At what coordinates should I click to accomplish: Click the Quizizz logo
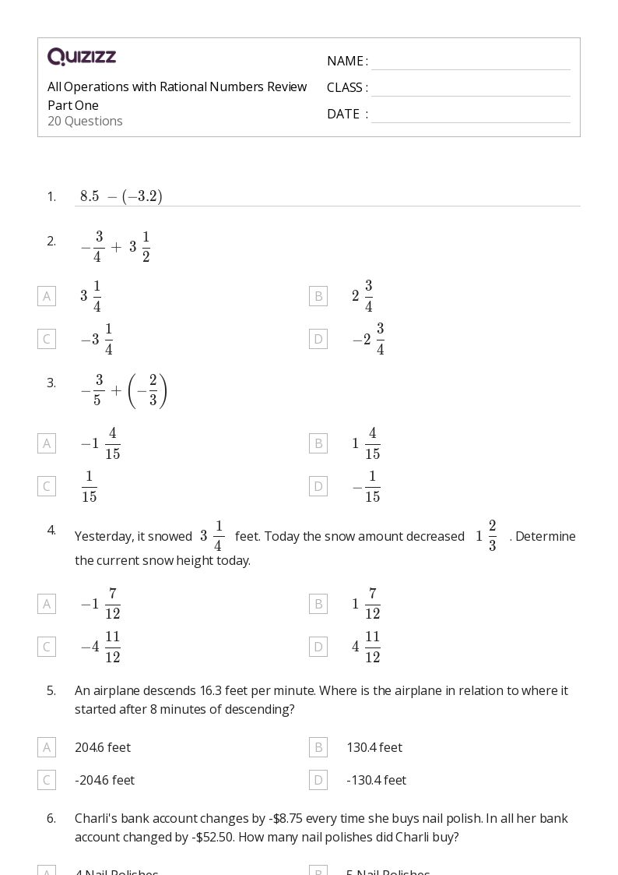click(x=82, y=57)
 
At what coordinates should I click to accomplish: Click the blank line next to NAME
click(x=470, y=62)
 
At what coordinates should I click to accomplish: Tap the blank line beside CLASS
click(x=470, y=89)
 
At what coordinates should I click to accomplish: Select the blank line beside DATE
click(x=470, y=115)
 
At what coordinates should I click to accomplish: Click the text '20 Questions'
click(x=85, y=121)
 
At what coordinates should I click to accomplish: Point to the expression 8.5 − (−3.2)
click(x=121, y=196)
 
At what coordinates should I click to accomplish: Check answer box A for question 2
click(x=47, y=296)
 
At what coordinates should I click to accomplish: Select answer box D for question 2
click(x=318, y=339)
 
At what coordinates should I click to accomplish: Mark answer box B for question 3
click(x=318, y=443)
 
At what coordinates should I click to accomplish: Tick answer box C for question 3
click(x=47, y=486)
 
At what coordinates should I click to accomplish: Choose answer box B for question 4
click(x=318, y=604)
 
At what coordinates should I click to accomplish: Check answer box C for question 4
click(x=47, y=647)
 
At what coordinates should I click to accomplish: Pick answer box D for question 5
click(x=318, y=780)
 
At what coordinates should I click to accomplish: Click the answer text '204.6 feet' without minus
click(x=103, y=747)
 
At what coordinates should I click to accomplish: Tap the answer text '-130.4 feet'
click(x=376, y=780)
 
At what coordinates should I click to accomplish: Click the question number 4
click(x=51, y=530)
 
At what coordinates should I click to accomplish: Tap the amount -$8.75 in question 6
click(x=291, y=818)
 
